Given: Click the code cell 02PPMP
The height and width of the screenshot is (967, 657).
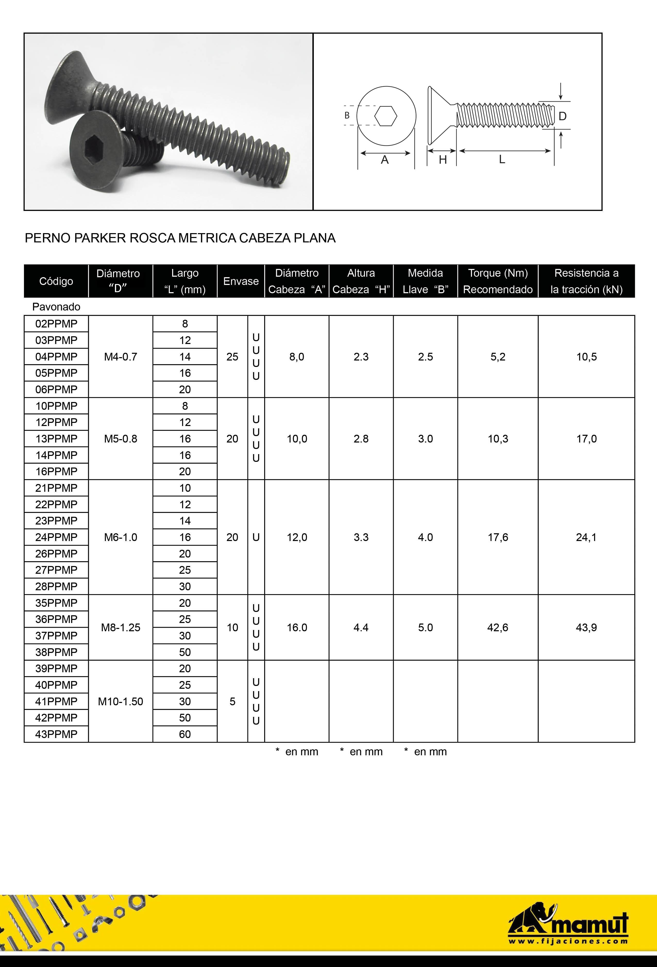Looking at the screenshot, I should tap(56, 324).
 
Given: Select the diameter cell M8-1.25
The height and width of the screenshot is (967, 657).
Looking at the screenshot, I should tap(121, 627).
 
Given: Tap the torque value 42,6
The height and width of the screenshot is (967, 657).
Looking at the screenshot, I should tap(498, 627).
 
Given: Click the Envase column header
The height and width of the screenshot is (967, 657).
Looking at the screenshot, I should tap(241, 281).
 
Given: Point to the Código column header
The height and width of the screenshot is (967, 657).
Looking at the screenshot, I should tap(56, 281).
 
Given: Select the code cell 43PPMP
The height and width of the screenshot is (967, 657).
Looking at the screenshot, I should tap(56, 734).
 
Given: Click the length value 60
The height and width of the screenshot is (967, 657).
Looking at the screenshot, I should tap(185, 734).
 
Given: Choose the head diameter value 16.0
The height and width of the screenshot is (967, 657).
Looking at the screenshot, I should tap(297, 627).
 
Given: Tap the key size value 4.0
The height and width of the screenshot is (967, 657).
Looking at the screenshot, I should tap(425, 537).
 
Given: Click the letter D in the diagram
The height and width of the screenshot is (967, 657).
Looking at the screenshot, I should tap(562, 116).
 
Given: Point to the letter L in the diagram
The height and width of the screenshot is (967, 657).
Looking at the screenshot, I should tap(502, 159).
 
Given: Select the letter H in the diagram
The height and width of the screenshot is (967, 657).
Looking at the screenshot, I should tap(443, 159).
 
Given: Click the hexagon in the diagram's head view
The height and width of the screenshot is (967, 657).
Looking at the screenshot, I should tap(386, 116).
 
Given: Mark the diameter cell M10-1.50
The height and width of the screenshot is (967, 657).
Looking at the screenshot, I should tap(121, 702).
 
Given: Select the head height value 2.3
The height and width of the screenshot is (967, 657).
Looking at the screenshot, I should tap(361, 357).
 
